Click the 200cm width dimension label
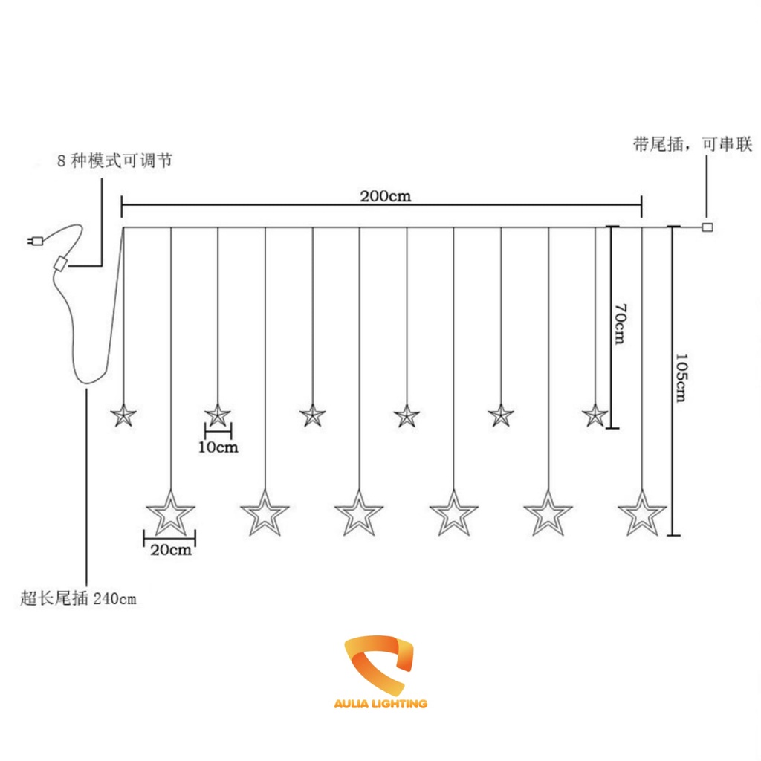(386, 197)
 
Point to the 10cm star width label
(218, 447)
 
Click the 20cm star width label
(170, 550)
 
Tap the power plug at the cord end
(33, 240)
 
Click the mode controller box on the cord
(60, 263)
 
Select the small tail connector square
(707, 227)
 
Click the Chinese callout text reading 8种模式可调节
(114, 161)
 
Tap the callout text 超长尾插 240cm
(79, 598)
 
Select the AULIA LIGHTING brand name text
(380, 703)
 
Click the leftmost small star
(123, 415)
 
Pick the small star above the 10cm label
(218, 415)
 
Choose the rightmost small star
(595, 415)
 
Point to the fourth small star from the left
(407, 415)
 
